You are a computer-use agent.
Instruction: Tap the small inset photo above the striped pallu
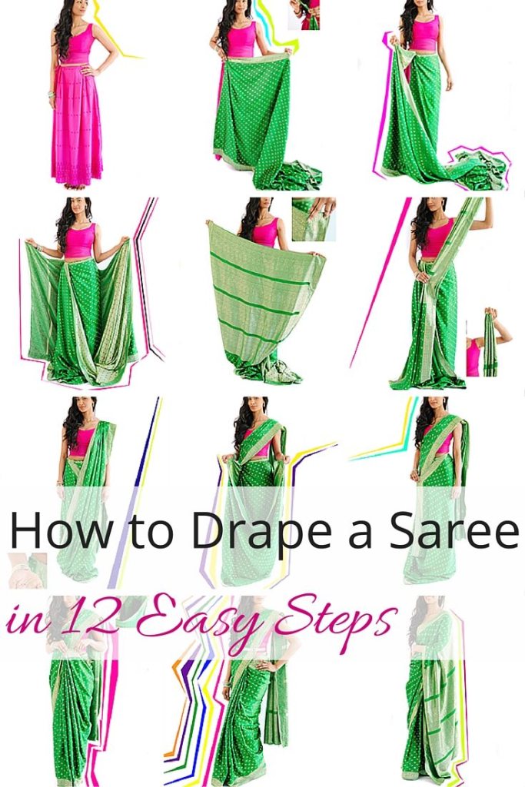314,219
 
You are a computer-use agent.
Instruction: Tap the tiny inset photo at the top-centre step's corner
304,15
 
